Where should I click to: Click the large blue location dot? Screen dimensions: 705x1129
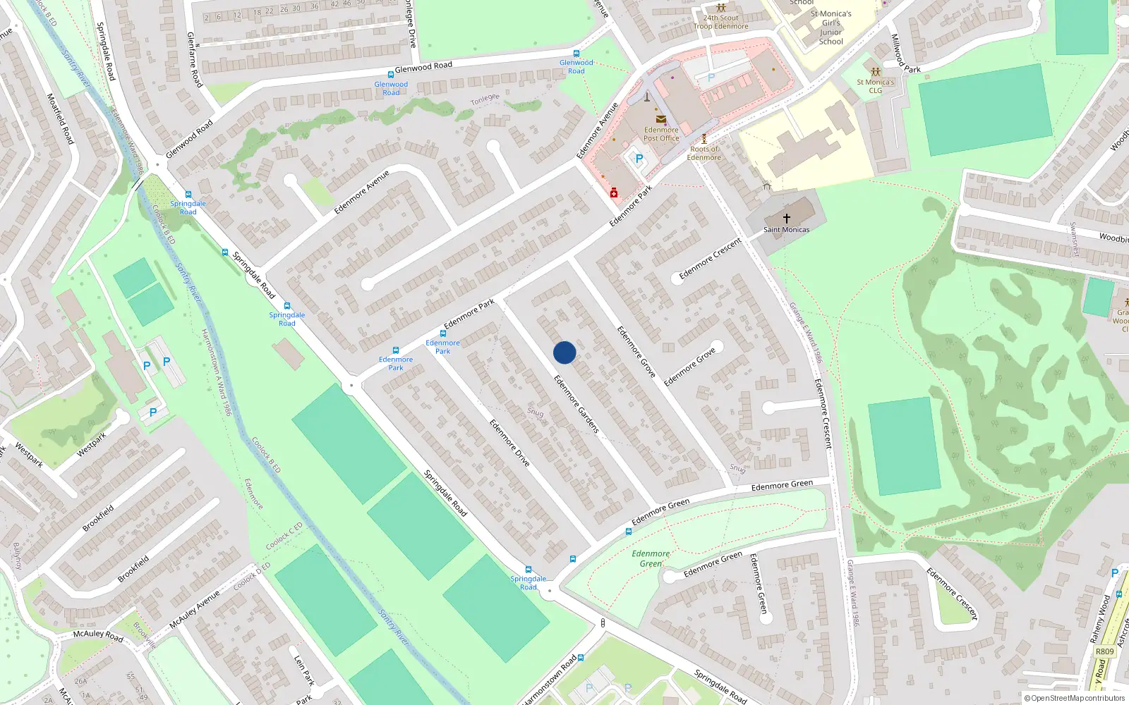564,352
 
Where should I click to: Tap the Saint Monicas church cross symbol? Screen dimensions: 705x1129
786,219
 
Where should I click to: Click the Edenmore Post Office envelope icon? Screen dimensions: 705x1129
660,119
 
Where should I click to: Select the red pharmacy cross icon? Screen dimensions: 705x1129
614,192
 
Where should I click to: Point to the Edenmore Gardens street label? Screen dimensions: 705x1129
576,404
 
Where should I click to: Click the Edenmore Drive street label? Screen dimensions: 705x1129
509,443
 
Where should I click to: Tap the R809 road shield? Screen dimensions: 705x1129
1104,651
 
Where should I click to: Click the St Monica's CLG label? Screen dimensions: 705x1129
875,86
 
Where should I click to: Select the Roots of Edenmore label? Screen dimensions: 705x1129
704,153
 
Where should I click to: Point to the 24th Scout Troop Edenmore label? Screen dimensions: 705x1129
720,23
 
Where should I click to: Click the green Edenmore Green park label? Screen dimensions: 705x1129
651,558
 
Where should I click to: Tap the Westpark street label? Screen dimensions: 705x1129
91,444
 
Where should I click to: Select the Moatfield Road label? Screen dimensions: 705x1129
60,118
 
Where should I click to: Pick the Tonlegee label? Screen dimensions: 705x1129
485,99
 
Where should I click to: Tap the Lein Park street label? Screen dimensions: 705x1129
304,670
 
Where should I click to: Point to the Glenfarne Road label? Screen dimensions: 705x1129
194,60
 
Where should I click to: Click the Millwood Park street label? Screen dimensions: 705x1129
905,54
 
